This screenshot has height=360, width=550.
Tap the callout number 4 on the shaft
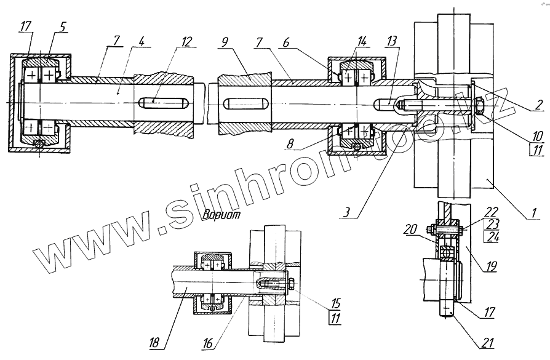click(141, 43)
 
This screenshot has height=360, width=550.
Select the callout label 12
click(185, 43)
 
